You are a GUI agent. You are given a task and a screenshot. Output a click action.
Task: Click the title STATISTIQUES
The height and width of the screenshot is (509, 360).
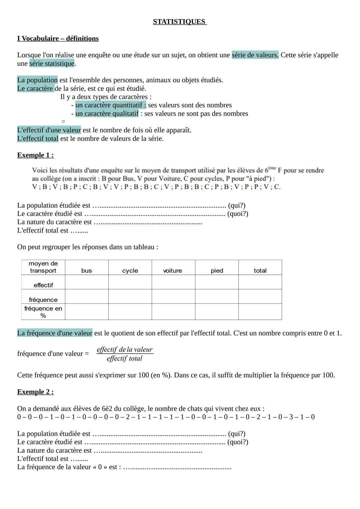180,22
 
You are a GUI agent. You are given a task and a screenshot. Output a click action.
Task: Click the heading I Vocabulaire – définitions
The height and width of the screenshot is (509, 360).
58,38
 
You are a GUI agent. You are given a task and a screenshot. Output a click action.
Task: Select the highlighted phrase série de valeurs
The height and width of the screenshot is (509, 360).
255,55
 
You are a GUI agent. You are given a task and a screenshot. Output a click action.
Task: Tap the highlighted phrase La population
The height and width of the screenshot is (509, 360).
37,80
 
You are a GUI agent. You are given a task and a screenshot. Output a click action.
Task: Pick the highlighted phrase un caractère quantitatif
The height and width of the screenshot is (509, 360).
111,105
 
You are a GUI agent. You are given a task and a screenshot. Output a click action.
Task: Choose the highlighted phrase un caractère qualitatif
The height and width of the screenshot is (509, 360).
107,114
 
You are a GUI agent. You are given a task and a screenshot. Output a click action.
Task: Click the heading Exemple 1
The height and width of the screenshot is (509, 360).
35,155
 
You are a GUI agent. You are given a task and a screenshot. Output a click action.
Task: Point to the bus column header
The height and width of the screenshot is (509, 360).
87,271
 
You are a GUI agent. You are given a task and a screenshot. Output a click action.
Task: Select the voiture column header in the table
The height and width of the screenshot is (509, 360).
173,271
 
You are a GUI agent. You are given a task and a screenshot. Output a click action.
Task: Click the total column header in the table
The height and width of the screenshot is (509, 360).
260,271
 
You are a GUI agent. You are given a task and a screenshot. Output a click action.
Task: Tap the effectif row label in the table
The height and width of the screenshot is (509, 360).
43,285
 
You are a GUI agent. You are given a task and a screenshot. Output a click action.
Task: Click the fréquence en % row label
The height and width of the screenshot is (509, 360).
43,312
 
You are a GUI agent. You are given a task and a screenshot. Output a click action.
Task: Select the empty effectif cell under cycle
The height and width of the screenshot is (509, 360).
130,282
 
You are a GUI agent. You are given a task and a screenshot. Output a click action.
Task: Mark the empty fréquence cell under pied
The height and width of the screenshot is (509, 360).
217,297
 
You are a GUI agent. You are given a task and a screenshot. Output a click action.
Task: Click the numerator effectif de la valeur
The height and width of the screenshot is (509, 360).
124,349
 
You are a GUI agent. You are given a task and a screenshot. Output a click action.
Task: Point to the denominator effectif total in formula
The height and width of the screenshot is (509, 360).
124,358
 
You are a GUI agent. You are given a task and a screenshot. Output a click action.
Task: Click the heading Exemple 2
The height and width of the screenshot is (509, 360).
35,392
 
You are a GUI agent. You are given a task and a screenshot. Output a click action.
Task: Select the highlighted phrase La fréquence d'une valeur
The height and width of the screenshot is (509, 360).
55,333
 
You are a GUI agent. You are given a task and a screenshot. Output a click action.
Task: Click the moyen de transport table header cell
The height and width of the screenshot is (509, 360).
43,267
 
